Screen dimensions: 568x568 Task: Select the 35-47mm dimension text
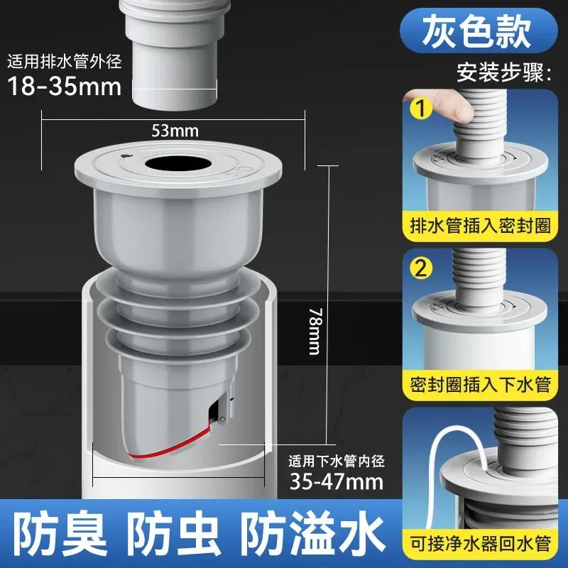coord(336,483)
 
